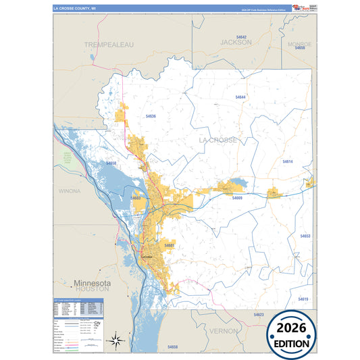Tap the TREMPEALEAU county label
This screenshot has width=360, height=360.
point(109,44)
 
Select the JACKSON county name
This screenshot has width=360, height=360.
point(236,42)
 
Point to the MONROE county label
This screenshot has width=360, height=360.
point(299,44)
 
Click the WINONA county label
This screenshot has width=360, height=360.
point(70,191)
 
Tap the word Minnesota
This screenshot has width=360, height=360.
point(92,282)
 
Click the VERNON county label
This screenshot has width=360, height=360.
point(224,331)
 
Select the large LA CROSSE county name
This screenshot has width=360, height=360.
point(217,140)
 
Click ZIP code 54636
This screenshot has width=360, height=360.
point(151,116)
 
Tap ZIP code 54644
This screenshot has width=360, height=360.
point(241,97)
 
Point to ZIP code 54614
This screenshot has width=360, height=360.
point(288,162)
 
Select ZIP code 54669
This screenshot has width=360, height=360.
point(237,198)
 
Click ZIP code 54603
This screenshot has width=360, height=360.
point(136,198)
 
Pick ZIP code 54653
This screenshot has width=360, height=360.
point(305,236)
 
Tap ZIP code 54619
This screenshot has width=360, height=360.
point(302,299)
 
